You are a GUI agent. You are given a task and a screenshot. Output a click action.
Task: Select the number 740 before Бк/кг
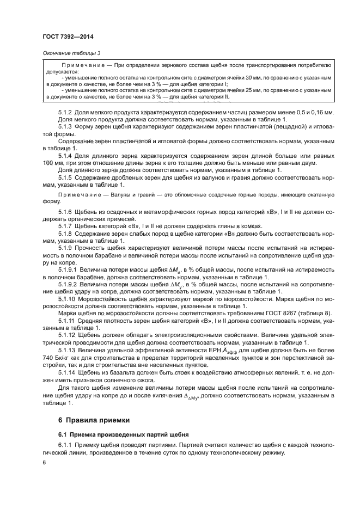pyautogui.click(x=51, y=359)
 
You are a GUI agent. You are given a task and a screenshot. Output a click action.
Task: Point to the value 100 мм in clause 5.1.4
pyautogui.click(x=50, y=163)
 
